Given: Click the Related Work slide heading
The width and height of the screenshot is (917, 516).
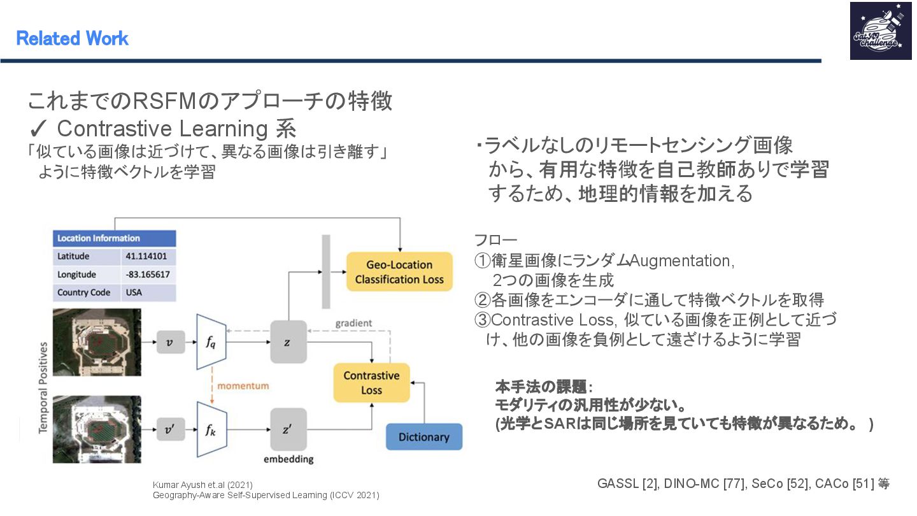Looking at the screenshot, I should pyautogui.click(x=72, y=39).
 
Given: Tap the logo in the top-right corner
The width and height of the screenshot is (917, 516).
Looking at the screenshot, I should pyautogui.click(x=880, y=31).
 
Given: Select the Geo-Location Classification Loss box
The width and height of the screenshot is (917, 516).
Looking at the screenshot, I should pyautogui.click(x=399, y=272).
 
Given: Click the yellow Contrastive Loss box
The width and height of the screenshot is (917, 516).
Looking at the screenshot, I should pyautogui.click(x=371, y=383).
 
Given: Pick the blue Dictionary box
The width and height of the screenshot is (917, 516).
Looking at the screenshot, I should pyautogui.click(x=423, y=437).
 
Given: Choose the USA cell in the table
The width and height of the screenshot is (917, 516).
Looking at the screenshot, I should pyautogui.click(x=134, y=292).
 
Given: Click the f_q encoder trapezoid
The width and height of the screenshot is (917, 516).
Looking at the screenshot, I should pyautogui.click(x=211, y=342).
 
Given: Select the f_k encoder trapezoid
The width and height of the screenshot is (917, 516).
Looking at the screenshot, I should pyautogui.click(x=211, y=429).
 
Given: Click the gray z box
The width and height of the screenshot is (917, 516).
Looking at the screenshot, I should pyautogui.click(x=288, y=342).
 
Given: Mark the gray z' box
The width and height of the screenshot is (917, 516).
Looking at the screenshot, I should pyautogui.click(x=288, y=429).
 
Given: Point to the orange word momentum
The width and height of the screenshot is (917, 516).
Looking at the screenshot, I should pyautogui.click(x=243, y=386).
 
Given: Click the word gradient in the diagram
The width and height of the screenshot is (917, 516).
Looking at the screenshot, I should pyautogui.click(x=353, y=323).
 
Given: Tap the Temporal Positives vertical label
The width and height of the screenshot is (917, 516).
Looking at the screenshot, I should pyautogui.click(x=43, y=387).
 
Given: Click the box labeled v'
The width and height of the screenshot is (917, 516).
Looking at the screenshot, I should pyautogui.click(x=169, y=429).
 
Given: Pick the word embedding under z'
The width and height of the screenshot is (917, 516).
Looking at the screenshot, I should pyautogui.click(x=288, y=459).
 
